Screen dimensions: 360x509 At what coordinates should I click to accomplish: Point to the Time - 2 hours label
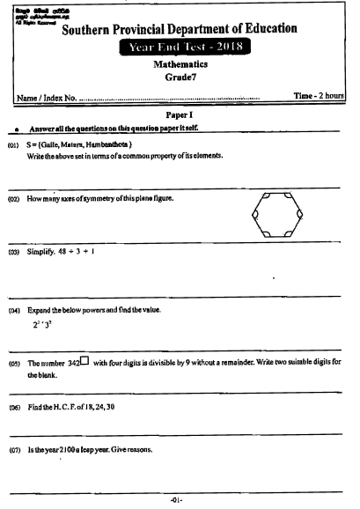[318, 95]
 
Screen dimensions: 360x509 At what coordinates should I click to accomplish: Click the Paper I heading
[179, 115]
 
